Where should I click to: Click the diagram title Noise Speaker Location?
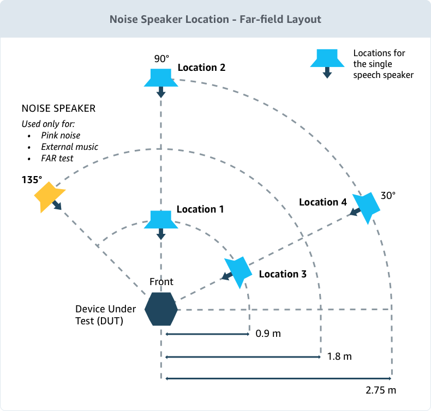click(x=215, y=19)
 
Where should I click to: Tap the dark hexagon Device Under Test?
click(x=161, y=309)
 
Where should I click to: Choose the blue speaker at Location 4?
click(x=366, y=207)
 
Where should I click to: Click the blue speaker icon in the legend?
click(x=327, y=58)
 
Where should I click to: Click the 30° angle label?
click(x=388, y=195)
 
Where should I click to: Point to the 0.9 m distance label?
click(x=268, y=333)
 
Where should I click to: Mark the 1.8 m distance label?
click(x=339, y=356)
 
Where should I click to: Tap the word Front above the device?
click(x=161, y=281)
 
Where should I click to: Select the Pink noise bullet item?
click(x=61, y=135)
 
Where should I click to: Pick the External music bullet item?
click(x=69, y=147)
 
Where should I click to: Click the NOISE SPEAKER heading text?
click(x=58, y=108)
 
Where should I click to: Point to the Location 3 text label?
click(x=282, y=274)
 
